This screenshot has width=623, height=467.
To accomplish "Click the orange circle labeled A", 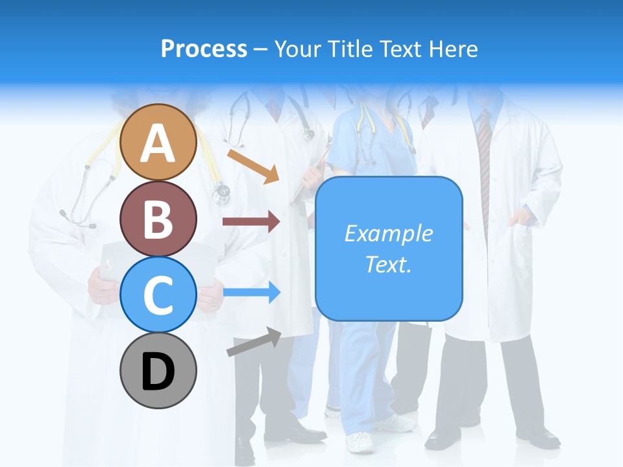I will (158, 142).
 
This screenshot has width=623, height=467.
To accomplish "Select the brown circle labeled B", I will (158, 219).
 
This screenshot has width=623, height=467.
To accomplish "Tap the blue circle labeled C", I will (158, 294).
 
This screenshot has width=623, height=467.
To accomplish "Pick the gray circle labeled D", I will (158, 370).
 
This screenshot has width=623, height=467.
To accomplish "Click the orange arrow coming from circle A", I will (254, 165).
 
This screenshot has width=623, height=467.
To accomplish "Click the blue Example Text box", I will (389, 248).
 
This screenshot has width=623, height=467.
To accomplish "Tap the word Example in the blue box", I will (389, 233).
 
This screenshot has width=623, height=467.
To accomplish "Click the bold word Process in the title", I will (204, 49).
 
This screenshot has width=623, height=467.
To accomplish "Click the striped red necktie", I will (484, 169).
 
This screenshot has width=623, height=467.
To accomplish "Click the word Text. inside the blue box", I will (389, 265).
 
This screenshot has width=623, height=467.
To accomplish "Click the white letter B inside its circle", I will (158, 219).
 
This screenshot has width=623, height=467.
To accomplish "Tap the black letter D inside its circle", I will (158, 372).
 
